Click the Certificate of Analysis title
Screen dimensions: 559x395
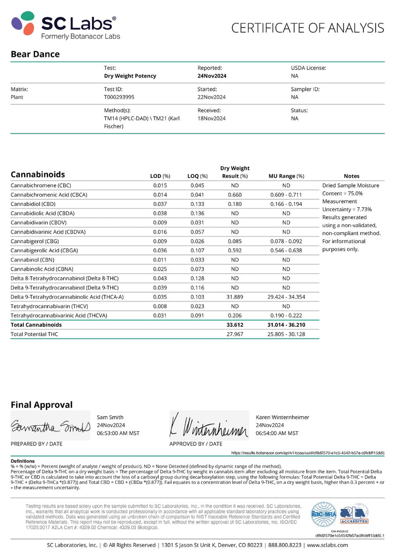[x=308, y=28]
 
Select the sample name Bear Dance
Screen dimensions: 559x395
[x=35, y=54]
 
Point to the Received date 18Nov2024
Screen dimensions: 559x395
[x=211, y=119]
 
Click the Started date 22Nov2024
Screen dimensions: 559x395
[x=211, y=97]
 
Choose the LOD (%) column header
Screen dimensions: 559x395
[x=160, y=176]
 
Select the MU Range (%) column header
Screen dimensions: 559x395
[x=286, y=176]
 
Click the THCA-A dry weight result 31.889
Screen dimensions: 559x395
[x=235, y=297]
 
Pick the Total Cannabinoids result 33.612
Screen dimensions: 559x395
[x=235, y=325]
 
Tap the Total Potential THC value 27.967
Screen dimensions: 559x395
[x=235, y=334]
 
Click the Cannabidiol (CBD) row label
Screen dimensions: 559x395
[x=33, y=204]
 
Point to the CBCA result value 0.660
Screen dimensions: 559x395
[x=235, y=195]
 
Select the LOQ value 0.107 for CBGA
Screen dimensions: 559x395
[x=197, y=250]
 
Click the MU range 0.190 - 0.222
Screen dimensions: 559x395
[x=286, y=315]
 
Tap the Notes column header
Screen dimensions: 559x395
[x=352, y=176]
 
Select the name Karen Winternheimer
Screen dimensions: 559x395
[x=282, y=417]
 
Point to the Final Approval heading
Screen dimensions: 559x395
[x=41, y=405]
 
